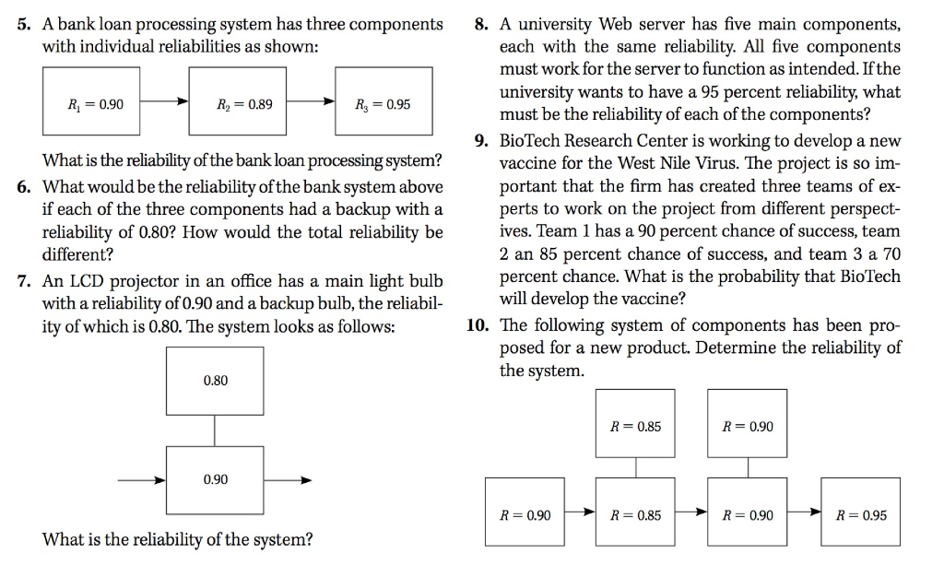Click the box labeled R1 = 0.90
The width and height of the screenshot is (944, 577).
91,101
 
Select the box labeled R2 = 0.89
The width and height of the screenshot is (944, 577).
237,101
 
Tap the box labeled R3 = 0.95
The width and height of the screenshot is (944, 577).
383,101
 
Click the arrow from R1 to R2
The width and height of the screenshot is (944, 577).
164,101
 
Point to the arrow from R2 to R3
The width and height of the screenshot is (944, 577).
311,101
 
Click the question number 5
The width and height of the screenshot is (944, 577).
23,25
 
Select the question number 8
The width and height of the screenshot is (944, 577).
481,25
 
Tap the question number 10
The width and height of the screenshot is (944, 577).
478,325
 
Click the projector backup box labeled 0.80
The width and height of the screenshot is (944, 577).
215,381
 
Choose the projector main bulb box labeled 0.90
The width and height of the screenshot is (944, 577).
215,480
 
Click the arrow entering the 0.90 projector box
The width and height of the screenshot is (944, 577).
141,480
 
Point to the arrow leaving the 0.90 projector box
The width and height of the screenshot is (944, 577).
288,480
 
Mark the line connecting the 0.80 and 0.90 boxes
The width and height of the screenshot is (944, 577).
215,430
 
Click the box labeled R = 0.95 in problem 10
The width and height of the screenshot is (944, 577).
860,512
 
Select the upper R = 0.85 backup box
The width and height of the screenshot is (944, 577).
635,424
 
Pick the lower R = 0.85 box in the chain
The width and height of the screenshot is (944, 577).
635,512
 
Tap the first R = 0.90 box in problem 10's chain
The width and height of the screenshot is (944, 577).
525,512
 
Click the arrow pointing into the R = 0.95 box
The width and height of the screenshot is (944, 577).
804,512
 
